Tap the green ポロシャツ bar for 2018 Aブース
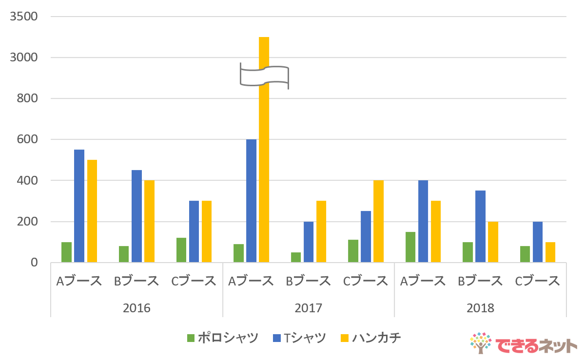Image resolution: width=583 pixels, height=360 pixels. [410, 247]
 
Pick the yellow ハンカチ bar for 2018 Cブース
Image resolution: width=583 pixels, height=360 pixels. [550, 252]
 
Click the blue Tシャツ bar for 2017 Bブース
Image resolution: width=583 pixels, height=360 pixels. [309, 242]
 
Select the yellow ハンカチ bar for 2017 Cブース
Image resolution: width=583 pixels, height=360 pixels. [379, 222]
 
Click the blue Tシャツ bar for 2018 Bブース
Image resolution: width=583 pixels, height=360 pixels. [480, 227]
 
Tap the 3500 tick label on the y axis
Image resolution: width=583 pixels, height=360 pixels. [24, 17]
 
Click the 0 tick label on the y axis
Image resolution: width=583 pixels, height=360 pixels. [34, 263]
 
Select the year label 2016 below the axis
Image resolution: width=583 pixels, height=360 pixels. [136, 308]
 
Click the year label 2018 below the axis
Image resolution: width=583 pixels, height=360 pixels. [480, 308]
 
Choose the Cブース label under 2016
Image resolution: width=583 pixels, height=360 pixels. [194, 281]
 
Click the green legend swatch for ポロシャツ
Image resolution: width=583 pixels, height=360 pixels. [191, 338]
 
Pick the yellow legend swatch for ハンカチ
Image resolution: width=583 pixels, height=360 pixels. [345, 338]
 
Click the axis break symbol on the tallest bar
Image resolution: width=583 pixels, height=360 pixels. [264, 76]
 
